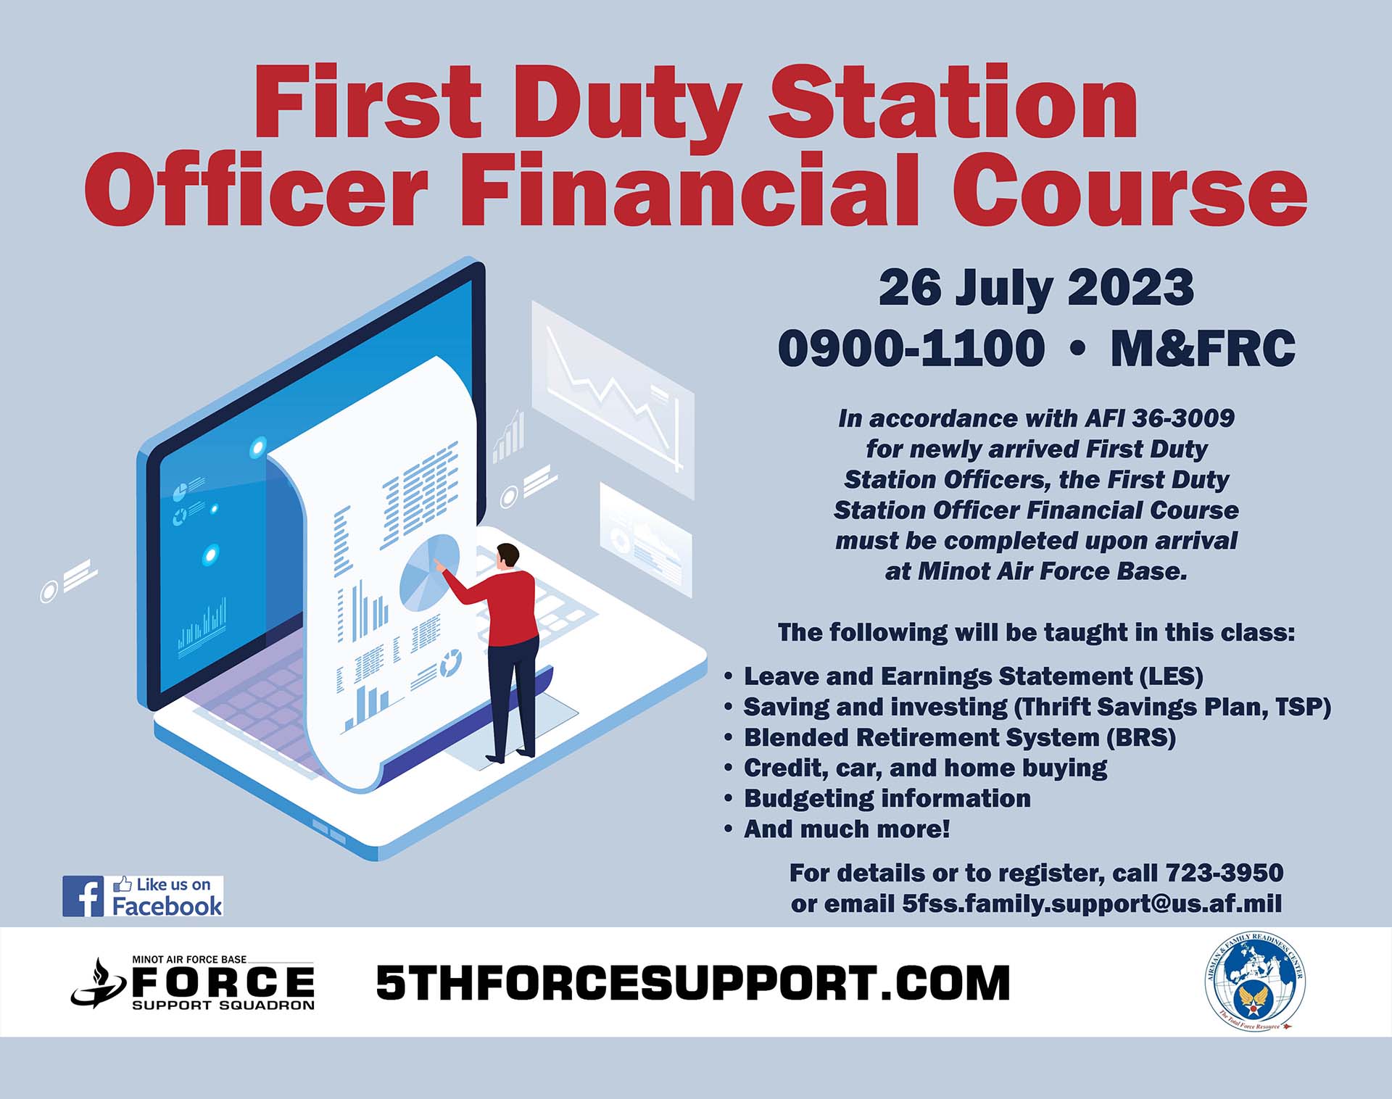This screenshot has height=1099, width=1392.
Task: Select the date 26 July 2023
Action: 1036,289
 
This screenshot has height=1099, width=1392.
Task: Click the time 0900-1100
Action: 911,348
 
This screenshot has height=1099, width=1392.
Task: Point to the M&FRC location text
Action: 1203,348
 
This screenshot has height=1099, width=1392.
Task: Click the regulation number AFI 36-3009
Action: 1159,418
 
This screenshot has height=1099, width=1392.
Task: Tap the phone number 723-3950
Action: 1225,873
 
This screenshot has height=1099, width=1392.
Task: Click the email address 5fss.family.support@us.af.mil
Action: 1092,904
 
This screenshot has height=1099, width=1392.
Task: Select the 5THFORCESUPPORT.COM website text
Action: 693,983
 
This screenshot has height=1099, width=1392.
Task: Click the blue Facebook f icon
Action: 83,896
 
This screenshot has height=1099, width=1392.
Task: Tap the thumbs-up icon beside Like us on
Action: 122,884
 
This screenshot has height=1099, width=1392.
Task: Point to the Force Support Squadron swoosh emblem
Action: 99,984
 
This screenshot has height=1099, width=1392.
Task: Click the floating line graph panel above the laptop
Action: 613,398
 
